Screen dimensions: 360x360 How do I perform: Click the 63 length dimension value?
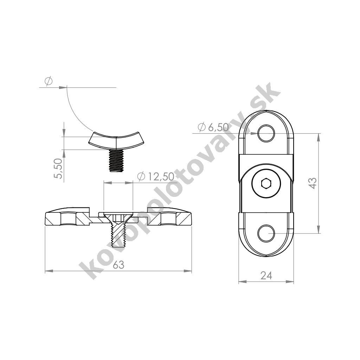(x=119, y=265)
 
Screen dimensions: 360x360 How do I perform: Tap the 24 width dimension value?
(x=266, y=276)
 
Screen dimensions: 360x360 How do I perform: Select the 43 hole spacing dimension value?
(x=313, y=183)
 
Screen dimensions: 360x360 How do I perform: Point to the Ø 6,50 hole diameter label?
(x=213, y=127)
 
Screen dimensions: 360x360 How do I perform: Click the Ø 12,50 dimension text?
(x=156, y=176)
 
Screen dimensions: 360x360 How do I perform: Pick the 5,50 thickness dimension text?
(x=58, y=168)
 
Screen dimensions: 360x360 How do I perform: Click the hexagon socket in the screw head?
(x=266, y=184)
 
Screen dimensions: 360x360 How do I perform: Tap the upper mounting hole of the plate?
(x=266, y=133)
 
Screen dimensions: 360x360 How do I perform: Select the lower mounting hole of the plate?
(x=266, y=233)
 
